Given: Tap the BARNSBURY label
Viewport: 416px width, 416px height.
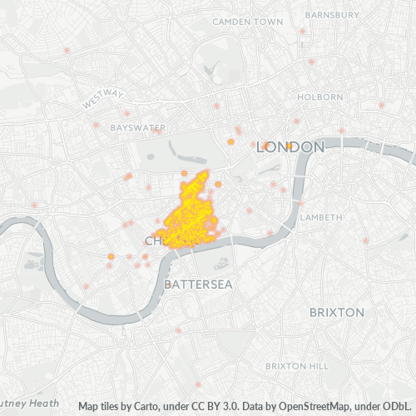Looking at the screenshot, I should coord(332,15).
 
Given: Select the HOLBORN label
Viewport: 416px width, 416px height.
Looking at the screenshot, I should coord(320,97).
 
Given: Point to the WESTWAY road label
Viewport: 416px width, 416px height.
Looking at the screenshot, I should coord(103,99).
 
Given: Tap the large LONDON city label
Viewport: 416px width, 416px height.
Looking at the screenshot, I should coord(290,147).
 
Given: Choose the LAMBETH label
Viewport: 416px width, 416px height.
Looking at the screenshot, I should coord(320,217).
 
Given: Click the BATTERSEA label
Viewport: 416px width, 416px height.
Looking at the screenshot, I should coord(198,285).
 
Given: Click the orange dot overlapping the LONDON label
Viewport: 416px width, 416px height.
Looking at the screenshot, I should coord(289,146).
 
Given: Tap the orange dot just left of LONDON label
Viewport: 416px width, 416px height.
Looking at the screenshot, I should coord(230,142).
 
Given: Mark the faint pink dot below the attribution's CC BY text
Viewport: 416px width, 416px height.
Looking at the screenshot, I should coord(197,384).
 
